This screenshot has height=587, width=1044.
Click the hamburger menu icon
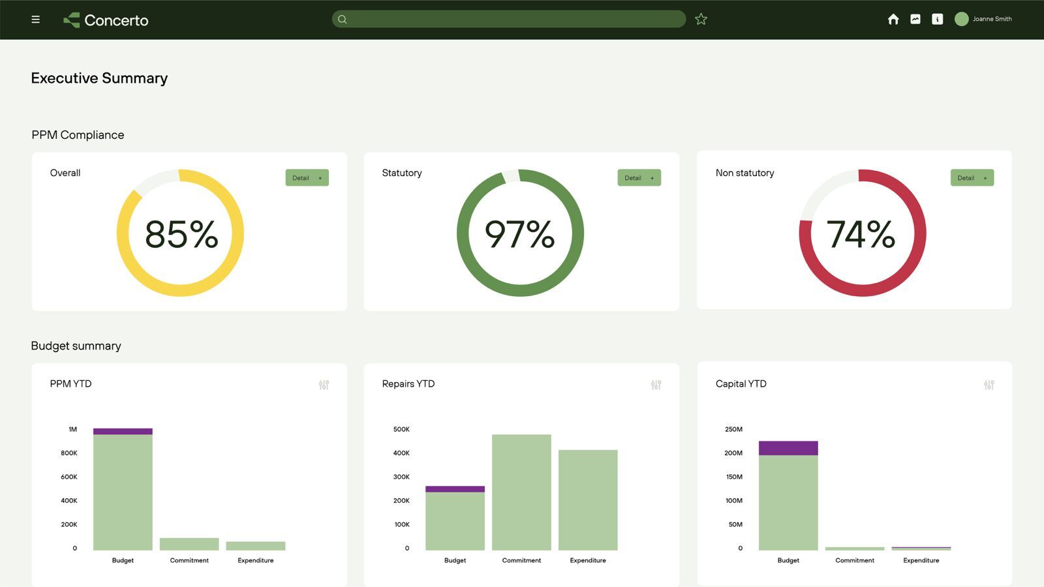[x=35, y=20]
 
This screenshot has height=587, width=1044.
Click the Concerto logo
[x=106, y=20]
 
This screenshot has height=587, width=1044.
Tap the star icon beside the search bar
[x=701, y=20]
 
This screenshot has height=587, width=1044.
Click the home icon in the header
[x=893, y=20]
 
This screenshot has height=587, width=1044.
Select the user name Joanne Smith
[x=992, y=19]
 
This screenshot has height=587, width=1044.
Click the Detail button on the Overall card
[x=307, y=178]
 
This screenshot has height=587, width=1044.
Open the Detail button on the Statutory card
[x=639, y=178]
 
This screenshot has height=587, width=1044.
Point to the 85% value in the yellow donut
[x=181, y=234]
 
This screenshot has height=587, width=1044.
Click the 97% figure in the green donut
[x=519, y=234]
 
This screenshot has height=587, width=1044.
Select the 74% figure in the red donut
[x=861, y=234]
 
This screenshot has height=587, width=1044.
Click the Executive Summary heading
[x=99, y=78]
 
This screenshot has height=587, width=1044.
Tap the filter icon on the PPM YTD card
[x=324, y=385]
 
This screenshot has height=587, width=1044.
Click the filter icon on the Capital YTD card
[x=989, y=385]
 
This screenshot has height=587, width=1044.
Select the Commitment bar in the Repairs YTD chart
[x=521, y=492]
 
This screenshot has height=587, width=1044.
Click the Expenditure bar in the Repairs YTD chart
[x=588, y=500]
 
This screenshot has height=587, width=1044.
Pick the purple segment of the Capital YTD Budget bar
[x=788, y=448]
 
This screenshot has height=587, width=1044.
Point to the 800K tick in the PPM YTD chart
[x=69, y=453]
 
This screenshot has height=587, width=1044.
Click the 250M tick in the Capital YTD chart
[x=733, y=429]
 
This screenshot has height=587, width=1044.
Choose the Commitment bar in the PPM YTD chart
[x=189, y=544]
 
